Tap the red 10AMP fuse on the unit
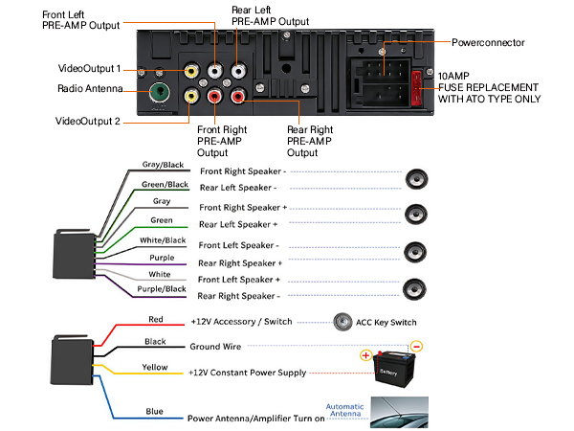(x=416, y=86)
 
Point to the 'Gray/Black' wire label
(x=162, y=165)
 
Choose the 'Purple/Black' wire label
(x=162, y=288)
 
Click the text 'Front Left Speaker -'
(x=240, y=245)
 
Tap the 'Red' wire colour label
(x=156, y=319)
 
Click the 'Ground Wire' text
(x=216, y=346)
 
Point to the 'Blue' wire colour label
(x=154, y=412)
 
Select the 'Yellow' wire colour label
(x=156, y=367)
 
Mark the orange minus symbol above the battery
(x=416, y=346)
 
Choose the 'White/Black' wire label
(x=162, y=239)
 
